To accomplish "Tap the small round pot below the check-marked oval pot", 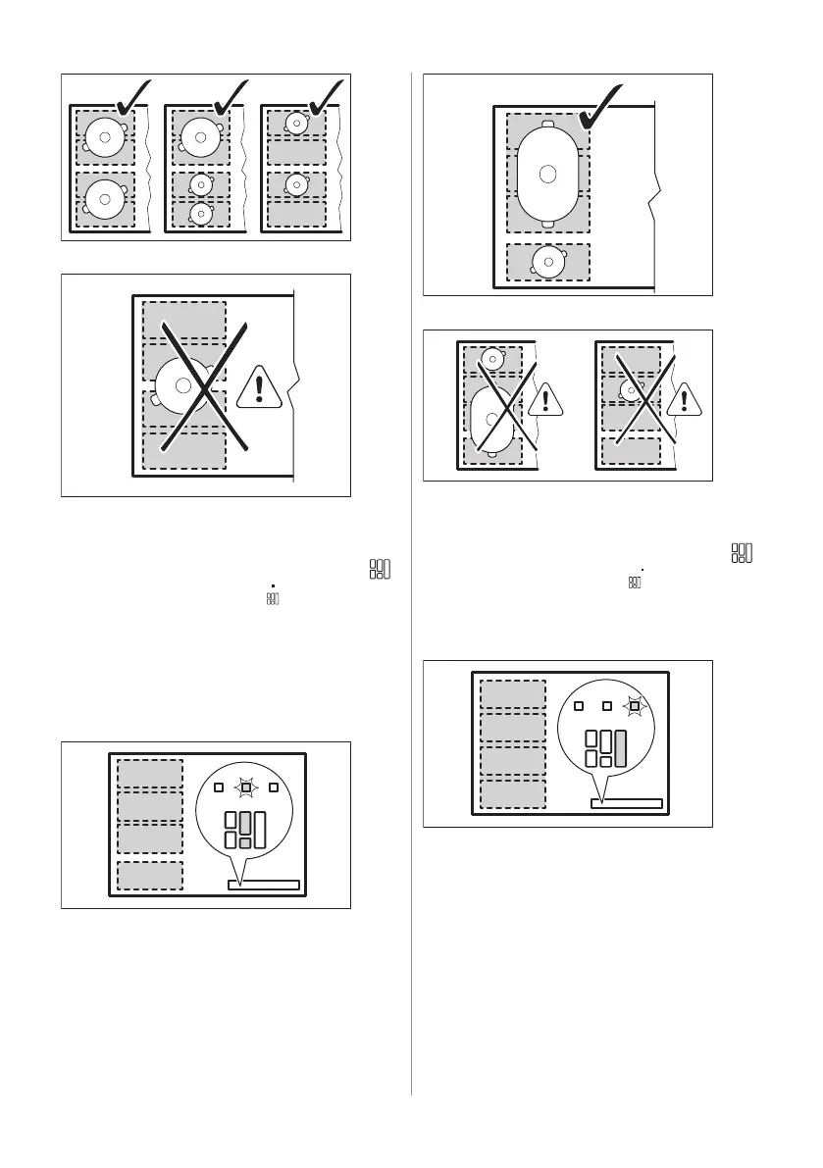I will tap(547, 260).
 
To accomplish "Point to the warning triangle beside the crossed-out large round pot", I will tap(258, 386).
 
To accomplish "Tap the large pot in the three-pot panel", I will tap(200, 137).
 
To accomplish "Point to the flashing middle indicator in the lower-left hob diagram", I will tap(246, 787).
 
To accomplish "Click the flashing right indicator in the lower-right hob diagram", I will tap(635, 705).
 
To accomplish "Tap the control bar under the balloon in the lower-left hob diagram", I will tap(263, 885).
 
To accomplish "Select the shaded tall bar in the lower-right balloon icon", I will tap(620, 748).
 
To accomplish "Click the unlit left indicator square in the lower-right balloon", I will tap(579, 705).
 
